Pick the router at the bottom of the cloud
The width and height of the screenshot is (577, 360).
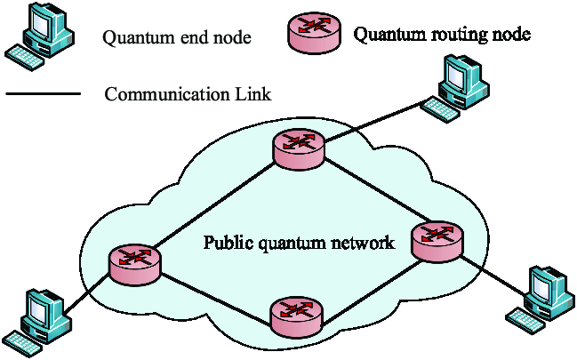coord(296,315)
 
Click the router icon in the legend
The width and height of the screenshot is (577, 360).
coord(312,34)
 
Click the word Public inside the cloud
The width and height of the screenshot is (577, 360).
coord(227,242)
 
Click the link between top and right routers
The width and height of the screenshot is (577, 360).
coord(369,193)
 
